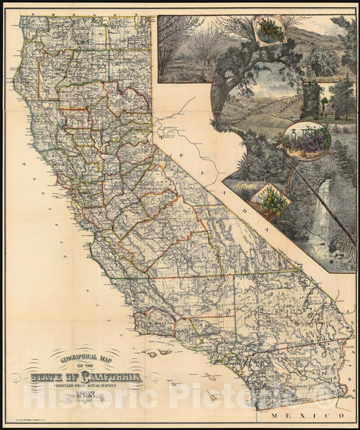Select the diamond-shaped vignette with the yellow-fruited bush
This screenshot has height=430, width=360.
[x=270, y=199]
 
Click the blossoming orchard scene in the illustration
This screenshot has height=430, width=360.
[x=192, y=51]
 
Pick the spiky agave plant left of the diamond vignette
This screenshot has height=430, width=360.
[x=242, y=192]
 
